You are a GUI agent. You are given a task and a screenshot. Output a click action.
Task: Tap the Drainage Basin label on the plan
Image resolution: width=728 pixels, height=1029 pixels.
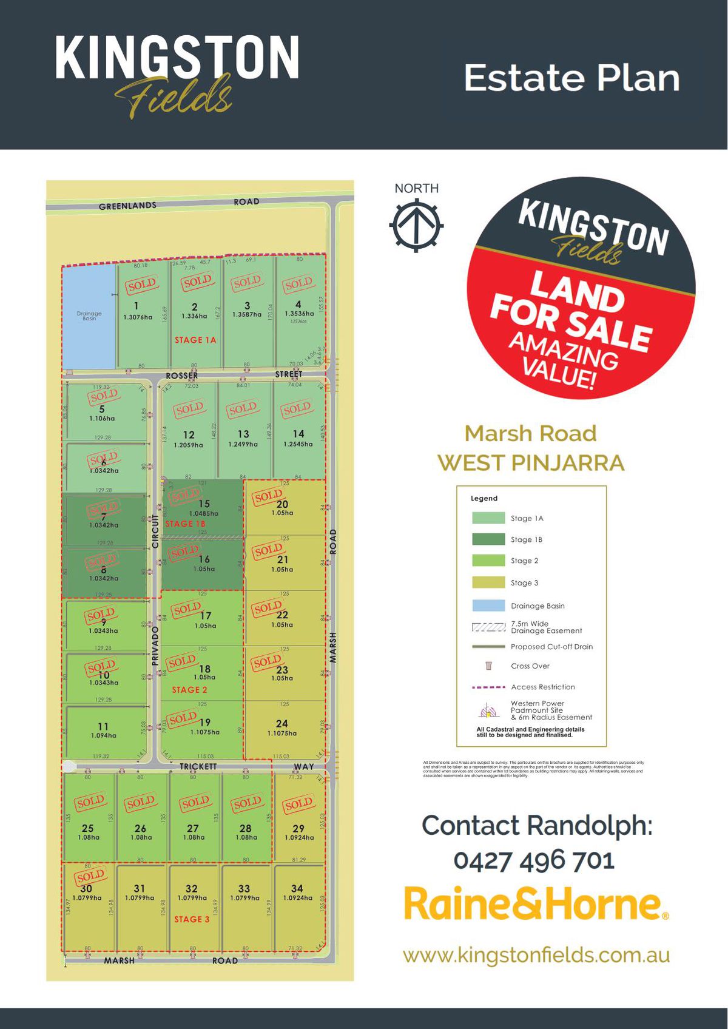pyautogui.click(x=89, y=316)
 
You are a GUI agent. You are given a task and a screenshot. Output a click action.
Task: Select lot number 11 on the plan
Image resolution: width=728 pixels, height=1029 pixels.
pyautogui.click(x=103, y=726)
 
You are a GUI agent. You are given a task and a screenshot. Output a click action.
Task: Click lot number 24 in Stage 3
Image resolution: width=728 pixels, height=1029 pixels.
pyautogui.click(x=281, y=723)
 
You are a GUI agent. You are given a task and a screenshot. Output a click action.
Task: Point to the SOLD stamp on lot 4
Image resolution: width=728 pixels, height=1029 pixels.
pyautogui.click(x=298, y=283)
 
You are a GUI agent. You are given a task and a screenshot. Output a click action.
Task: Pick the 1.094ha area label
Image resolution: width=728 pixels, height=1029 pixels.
pyautogui.click(x=103, y=735)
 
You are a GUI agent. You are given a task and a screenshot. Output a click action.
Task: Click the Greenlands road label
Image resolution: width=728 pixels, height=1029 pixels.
pyautogui.click(x=127, y=206)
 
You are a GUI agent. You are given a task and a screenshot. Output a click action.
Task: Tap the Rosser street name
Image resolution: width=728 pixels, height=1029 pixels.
pyautogui.click(x=181, y=376)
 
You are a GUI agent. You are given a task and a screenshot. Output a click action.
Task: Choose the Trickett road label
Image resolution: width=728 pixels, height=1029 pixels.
pyautogui.click(x=198, y=766)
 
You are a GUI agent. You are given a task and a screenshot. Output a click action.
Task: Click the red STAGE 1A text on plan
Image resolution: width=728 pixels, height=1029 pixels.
pyautogui.click(x=195, y=340)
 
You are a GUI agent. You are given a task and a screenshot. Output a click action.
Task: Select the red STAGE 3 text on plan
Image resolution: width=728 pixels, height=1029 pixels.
pyautogui.click(x=192, y=919)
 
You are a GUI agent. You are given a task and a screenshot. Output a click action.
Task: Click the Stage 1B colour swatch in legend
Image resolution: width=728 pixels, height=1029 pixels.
pyautogui.click(x=488, y=539)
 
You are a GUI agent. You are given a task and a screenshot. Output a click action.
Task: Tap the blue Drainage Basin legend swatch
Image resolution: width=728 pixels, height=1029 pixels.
pyautogui.click(x=488, y=606)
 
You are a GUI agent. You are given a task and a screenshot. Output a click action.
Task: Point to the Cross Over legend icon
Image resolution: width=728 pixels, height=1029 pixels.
pyautogui.click(x=488, y=666)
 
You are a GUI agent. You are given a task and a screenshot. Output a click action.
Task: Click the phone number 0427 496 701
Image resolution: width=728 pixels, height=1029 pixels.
pyautogui.click(x=534, y=860)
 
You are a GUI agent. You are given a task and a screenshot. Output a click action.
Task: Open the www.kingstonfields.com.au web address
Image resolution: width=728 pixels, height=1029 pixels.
pyautogui.click(x=536, y=955)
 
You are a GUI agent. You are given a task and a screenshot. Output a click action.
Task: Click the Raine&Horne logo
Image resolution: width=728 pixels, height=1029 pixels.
pyautogui.click(x=536, y=904)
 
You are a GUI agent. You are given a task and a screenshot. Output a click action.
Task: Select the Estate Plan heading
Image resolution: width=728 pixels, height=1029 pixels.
pyautogui.click(x=571, y=78)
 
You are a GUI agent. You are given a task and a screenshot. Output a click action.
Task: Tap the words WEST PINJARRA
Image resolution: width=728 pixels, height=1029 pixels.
pyautogui.click(x=531, y=463)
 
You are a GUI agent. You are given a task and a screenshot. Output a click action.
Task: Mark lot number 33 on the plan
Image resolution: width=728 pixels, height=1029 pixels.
pyautogui.click(x=244, y=888)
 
